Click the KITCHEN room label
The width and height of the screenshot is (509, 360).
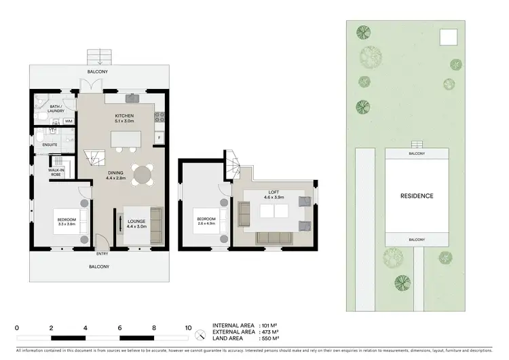click(124, 116)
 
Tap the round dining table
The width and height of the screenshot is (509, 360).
click(143, 175)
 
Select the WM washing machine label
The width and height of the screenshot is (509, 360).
click(69, 121)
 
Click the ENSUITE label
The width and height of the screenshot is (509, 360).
click(50, 145)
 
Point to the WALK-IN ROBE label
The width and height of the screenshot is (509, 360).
click(56, 172)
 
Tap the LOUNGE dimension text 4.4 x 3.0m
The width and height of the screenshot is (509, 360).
click(137, 226)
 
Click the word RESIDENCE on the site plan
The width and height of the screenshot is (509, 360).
click(417, 196)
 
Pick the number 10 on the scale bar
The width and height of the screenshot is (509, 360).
click(189, 327)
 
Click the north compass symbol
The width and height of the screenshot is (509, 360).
click(200, 334)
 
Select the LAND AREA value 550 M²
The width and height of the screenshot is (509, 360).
click(270, 338)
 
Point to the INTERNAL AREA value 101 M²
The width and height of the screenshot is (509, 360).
click(270, 325)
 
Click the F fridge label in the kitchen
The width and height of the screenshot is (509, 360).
click(159, 138)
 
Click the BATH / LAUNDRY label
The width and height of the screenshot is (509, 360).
click(57, 109)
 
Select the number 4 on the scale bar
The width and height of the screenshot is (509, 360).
click(86, 327)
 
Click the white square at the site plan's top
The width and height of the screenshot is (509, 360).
click(448, 36)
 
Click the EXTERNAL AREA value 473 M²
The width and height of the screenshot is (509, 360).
click(270, 331)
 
